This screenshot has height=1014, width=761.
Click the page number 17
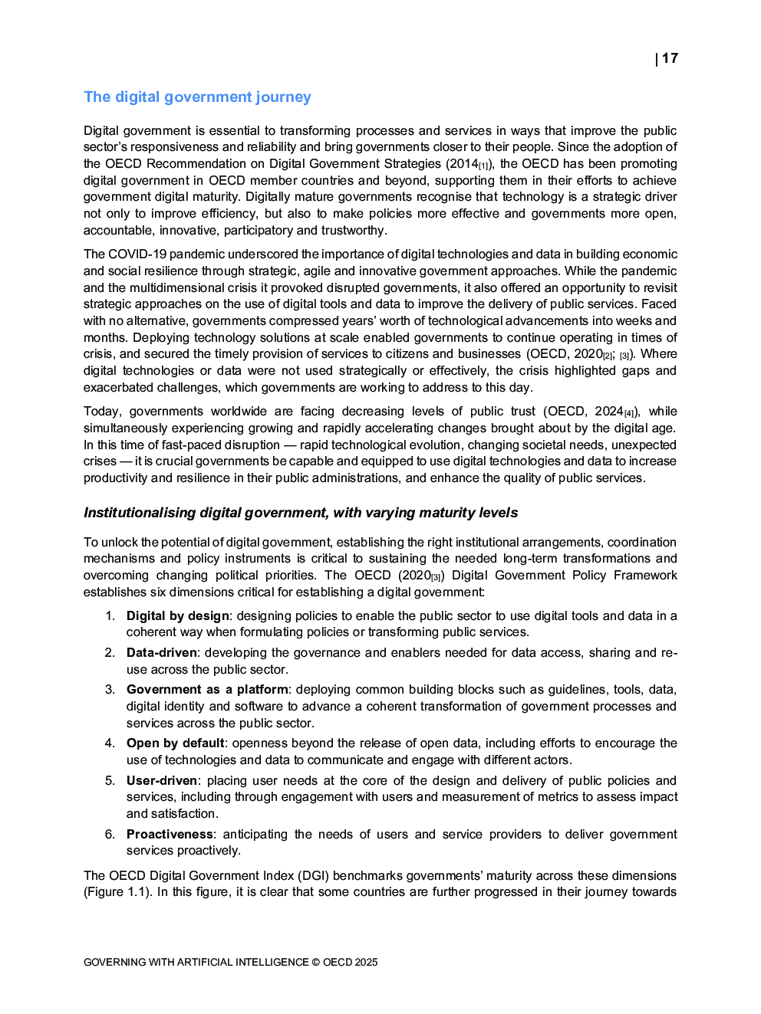tap(670, 58)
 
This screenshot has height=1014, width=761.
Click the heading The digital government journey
tap(197, 97)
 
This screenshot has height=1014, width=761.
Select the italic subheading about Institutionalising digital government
tap(301, 513)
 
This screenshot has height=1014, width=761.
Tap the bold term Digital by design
tap(178, 615)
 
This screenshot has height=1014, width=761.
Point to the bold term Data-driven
tap(162, 652)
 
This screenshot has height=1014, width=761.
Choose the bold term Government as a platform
tap(207, 689)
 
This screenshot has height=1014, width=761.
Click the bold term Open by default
tap(176, 743)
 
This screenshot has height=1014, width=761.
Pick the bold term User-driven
tap(162, 780)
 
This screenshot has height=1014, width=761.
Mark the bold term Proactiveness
tap(170, 834)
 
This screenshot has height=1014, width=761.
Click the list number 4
tap(110, 743)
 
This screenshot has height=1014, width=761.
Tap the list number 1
tap(110, 615)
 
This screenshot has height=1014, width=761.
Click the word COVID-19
tap(137, 254)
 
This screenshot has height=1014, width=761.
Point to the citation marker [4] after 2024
tap(629, 413)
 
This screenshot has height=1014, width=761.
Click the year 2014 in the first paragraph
tap(463, 163)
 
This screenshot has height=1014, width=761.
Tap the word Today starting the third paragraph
tap(102, 411)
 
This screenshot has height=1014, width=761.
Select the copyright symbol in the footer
tap(315, 962)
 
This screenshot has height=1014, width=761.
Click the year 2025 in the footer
tap(366, 962)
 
